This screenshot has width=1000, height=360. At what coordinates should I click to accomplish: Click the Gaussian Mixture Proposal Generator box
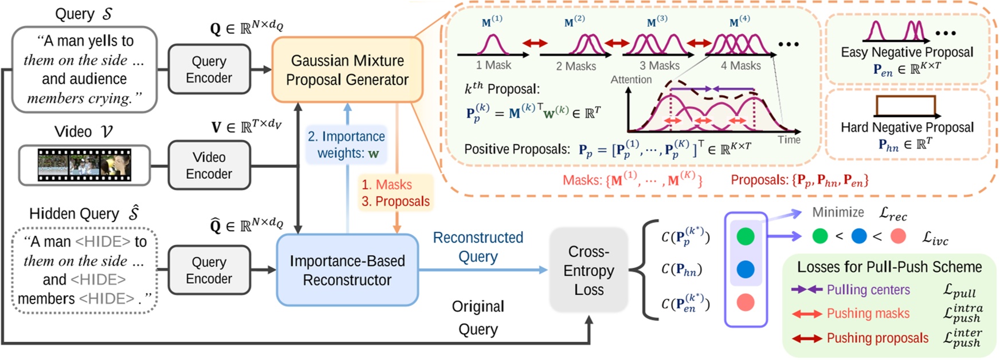(347, 70)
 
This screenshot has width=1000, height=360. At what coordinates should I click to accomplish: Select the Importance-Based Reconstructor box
(347, 270)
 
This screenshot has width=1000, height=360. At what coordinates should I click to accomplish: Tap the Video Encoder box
(209, 165)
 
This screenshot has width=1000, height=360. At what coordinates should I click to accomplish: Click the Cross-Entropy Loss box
(588, 270)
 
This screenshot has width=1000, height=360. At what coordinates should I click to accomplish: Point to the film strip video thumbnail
(84, 165)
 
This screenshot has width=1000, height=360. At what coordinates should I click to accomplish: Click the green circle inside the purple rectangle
(745, 236)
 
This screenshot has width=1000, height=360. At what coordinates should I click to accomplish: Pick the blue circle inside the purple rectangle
(745, 269)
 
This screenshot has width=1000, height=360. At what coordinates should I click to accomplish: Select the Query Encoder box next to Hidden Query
(209, 270)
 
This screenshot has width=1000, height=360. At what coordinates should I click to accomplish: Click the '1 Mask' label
(493, 65)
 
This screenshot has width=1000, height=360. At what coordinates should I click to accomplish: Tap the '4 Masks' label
(740, 66)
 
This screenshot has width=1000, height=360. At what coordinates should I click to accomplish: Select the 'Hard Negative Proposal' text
(907, 127)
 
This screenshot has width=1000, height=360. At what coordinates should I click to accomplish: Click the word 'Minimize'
(838, 213)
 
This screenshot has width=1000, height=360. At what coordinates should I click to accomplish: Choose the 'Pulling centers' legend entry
(868, 290)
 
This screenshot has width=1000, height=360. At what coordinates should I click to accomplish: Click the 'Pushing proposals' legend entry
(877, 338)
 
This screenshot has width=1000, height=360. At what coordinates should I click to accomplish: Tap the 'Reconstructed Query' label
(478, 246)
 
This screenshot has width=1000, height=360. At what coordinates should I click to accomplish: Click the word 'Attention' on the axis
(631, 80)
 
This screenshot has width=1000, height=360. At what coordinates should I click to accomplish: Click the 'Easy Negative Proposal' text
(907, 52)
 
